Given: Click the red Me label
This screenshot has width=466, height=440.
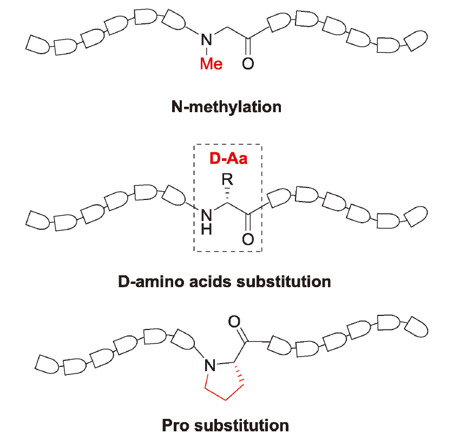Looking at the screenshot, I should point(211,64).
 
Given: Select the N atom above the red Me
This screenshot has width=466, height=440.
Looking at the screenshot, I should point(206,39).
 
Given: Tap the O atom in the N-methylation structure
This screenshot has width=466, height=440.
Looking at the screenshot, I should point(248,64).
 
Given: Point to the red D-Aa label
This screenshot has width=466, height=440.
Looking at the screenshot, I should point(227,160).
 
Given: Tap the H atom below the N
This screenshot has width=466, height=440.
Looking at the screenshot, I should point(205,230).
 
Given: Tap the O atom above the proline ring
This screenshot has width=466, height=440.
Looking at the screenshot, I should point(234,322).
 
